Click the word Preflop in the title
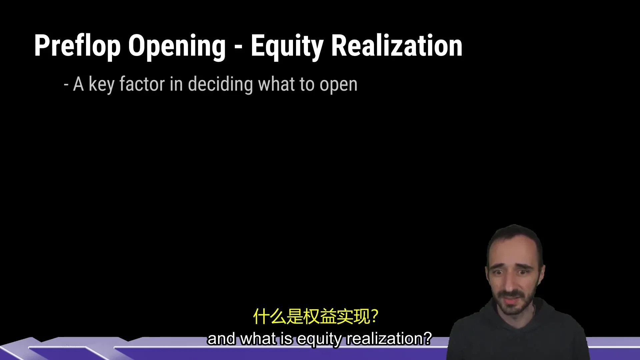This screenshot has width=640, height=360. [77, 46]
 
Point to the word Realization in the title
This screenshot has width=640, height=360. [397, 46]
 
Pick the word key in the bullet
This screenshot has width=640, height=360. [102, 85]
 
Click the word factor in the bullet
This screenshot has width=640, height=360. [142, 84]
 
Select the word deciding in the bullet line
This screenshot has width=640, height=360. [220, 85]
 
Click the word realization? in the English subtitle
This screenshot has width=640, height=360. [389, 339]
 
